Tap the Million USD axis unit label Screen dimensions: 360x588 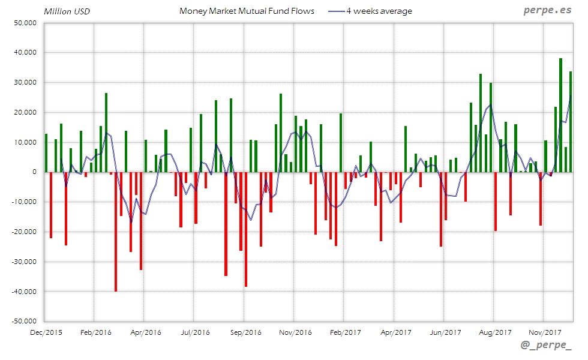pyautogui.click(x=67, y=11)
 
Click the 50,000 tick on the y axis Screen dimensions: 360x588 pyautogui.click(x=25, y=23)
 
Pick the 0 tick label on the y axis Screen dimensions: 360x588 pyautogui.click(x=35, y=172)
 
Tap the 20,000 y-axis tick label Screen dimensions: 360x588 pyautogui.click(x=25, y=112)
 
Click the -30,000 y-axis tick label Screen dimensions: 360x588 pyautogui.click(x=23, y=262)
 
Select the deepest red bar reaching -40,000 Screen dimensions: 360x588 pyautogui.click(x=116, y=231)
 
